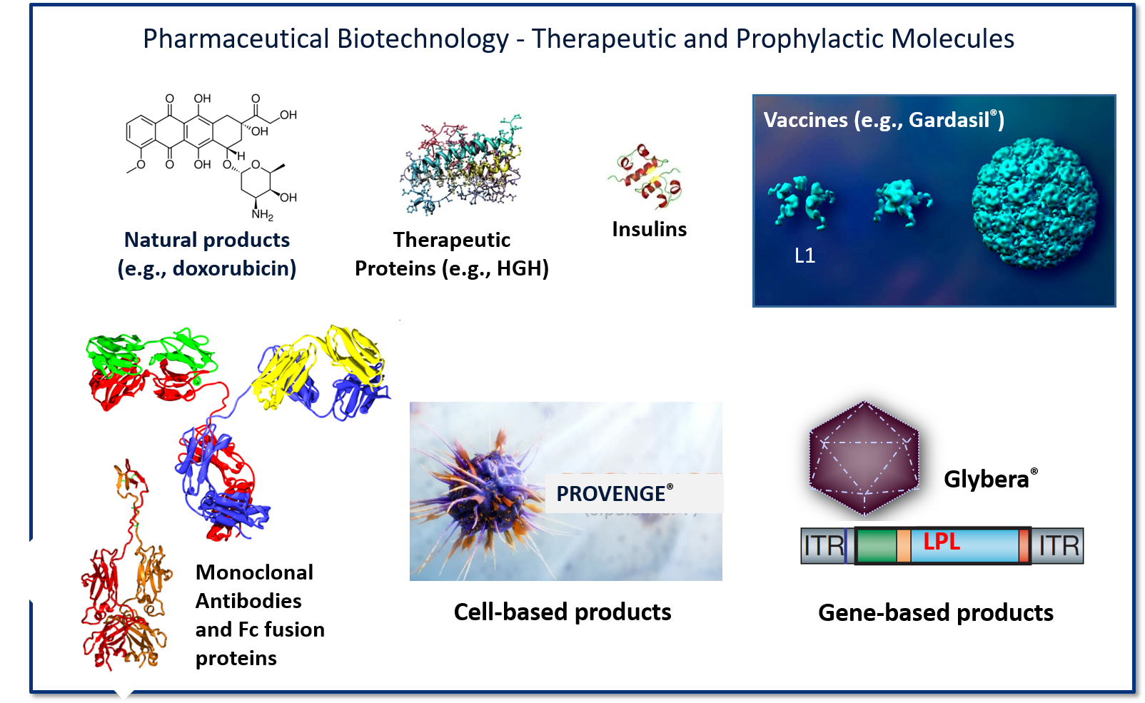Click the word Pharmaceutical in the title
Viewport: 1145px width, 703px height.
click(x=235, y=39)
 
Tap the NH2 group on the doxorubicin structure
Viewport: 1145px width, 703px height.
click(x=262, y=214)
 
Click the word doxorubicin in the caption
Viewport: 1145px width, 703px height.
click(x=234, y=268)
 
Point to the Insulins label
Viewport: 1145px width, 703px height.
click(x=649, y=229)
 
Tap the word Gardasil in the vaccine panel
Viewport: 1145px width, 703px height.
click(x=949, y=120)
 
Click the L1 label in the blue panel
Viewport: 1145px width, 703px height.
click(x=804, y=256)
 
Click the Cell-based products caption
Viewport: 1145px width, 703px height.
click(x=563, y=612)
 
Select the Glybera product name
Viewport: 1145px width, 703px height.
click(x=987, y=479)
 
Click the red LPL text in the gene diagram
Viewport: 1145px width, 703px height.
click(x=942, y=541)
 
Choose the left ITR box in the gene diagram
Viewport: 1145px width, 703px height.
click(x=823, y=546)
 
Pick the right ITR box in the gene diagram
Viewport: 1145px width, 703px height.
click(x=1058, y=546)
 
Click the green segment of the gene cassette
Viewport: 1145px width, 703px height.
click(x=876, y=546)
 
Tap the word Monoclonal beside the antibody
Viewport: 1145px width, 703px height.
click(x=254, y=572)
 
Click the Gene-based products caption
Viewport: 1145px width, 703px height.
click(x=935, y=612)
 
